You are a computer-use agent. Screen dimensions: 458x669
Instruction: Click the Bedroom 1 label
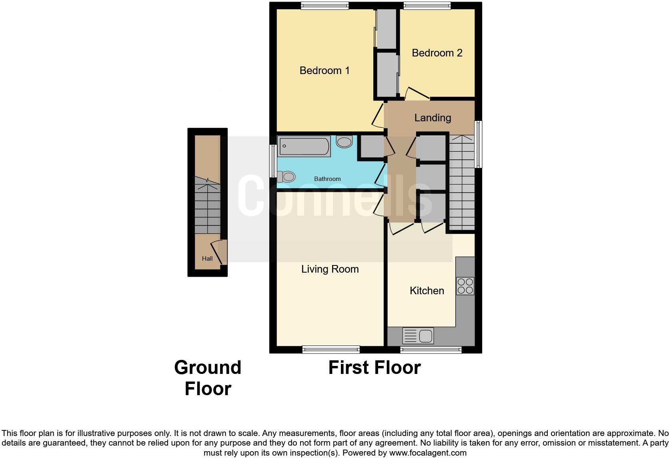click(324, 71)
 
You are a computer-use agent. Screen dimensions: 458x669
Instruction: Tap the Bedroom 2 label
click(437, 53)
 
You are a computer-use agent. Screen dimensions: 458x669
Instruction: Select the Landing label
click(433, 118)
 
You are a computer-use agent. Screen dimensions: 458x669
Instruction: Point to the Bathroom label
click(327, 179)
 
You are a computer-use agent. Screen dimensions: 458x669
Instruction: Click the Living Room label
click(330, 269)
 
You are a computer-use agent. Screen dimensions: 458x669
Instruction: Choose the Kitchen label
click(427, 291)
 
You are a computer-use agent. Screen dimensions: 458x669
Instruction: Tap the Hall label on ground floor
click(207, 259)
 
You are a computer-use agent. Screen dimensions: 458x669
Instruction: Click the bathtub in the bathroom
click(304, 147)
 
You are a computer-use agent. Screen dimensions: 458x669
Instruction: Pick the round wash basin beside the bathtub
click(344, 142)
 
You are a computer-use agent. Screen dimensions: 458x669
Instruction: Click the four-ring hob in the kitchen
click(465, 286)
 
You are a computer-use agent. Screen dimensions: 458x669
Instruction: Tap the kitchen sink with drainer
click(418, 336)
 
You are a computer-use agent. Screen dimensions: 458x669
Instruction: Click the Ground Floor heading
click(208, 378)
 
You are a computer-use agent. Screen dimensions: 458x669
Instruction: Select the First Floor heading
click(374, 368)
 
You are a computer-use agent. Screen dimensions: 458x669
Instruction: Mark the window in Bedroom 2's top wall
click(427, 5)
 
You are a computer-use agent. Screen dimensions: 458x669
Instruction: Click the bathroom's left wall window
click(273, 161)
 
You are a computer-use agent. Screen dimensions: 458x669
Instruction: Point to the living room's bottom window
click(331, 350)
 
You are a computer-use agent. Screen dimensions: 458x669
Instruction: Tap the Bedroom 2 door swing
click(416, 94)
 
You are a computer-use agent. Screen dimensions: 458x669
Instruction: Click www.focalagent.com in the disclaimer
click(428, 453)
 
